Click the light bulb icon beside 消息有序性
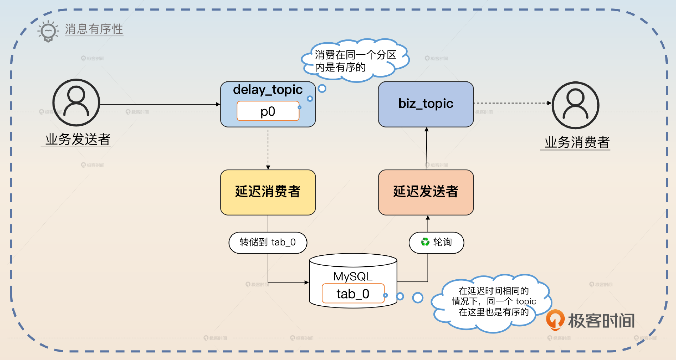coord(48,31)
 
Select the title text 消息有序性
coord(94,29)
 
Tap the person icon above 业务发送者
coord(76,102)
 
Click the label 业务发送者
coord(78,139)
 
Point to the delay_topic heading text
coord(268,89)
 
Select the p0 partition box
coord(268,111)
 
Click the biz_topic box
coord(426,104)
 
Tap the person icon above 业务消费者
coord(576,105)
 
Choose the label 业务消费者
coord(577,143)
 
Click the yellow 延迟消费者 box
coord(268,192)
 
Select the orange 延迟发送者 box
coord(426,192)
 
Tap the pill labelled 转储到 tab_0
coord(268,242)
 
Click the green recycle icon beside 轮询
coord(425,242)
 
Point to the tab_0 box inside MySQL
coord(353,293)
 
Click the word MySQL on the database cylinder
coord(353,277)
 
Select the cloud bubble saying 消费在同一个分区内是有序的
coord(356,61)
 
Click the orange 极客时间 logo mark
coord(555,319)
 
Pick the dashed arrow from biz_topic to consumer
coord(513,103)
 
